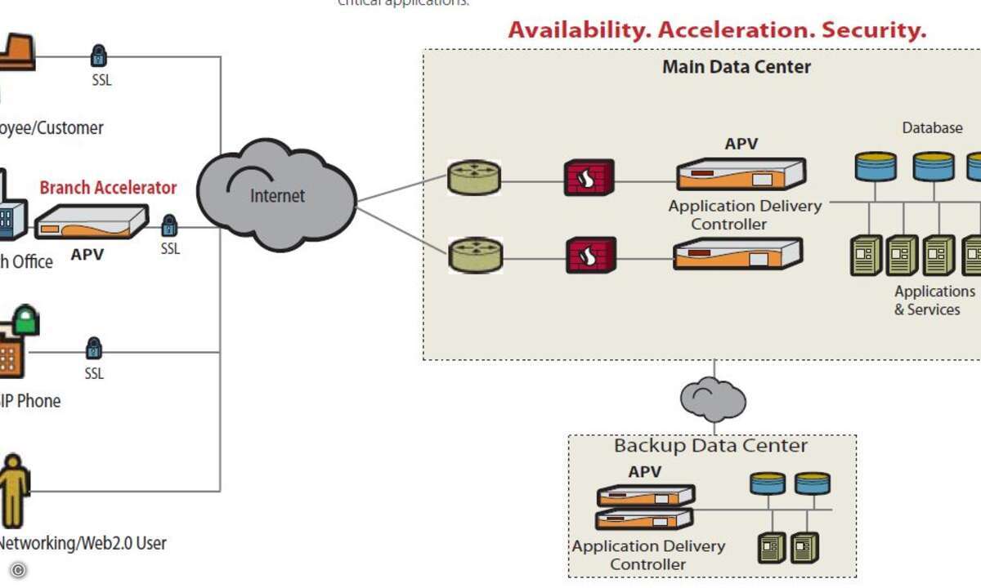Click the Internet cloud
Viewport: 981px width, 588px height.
click(276, 195)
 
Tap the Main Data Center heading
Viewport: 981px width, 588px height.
click(736, 67)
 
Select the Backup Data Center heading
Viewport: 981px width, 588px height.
click(710, 446)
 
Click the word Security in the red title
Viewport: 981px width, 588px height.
click(874, 30)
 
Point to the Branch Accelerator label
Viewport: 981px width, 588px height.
click(108, 187)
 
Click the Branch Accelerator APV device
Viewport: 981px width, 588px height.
click(91, 221)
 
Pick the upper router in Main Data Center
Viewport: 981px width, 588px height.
click(474, 178)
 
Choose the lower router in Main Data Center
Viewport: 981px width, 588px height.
click(474, 256)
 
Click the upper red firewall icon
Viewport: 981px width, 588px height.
click(589, 177)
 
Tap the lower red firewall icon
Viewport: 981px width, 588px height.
click(589, 256)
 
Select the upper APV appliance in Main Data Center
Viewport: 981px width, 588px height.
click(740, 174)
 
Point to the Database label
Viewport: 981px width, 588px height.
click(932, 128)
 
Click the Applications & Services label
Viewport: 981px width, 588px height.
click(934, 301)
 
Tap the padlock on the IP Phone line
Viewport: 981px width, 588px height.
click(94, 348)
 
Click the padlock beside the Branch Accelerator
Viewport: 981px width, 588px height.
click(169, 225)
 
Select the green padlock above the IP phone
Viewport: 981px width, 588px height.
click(25, 319)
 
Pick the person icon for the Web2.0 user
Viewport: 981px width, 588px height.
click(14, 491)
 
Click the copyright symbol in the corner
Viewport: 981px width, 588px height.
click(18, 570)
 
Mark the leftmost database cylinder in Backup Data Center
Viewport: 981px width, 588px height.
click(768, 483)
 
